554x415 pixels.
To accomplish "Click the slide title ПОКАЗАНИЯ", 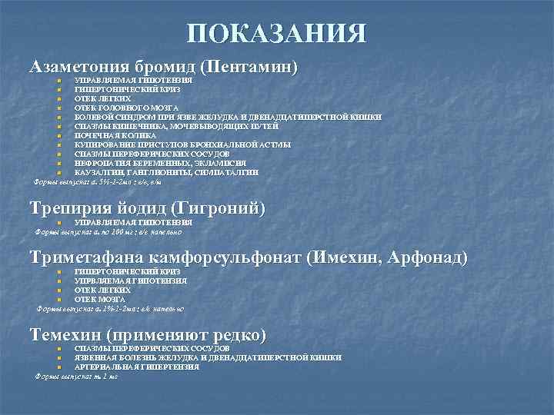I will pyautogui.click(x=276, y=33).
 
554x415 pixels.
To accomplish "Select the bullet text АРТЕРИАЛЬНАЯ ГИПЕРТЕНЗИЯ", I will pyautogui.click(x=136, y=367).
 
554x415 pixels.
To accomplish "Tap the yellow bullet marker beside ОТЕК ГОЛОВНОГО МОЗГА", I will pyautogui.click(x=59, y=108).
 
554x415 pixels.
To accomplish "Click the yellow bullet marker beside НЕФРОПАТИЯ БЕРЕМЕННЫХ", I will pyautogui.click(x=59, y=164).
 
